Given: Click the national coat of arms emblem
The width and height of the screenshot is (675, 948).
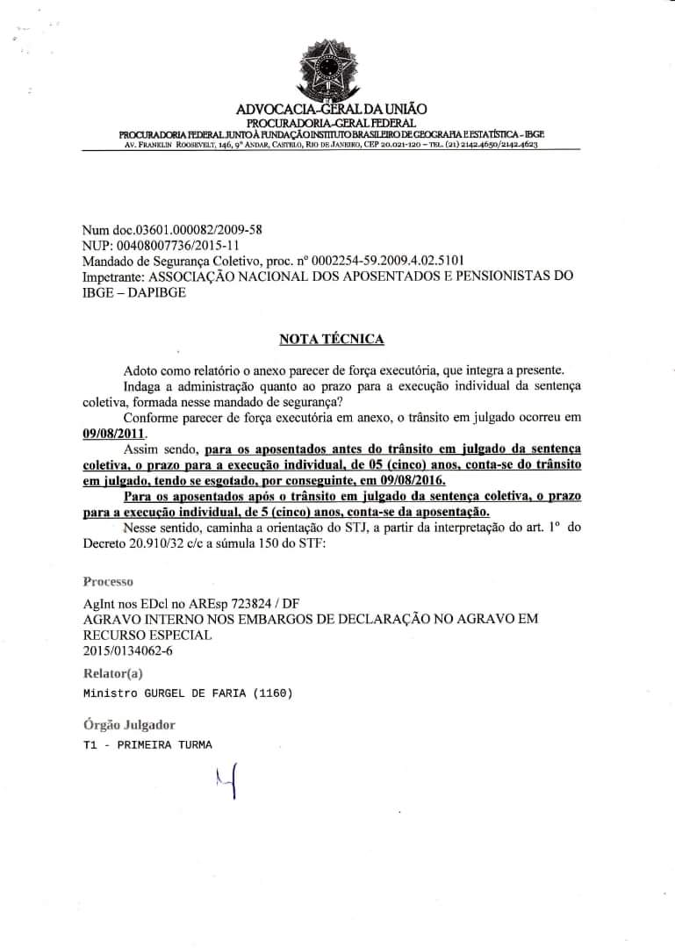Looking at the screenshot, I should point(332,69).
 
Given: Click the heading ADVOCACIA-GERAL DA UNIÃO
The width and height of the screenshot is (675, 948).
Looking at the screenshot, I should point(332,109).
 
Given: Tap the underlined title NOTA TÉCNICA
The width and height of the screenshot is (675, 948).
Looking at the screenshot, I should point(331,338).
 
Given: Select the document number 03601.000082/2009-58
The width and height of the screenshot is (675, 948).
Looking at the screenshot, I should point(190,229).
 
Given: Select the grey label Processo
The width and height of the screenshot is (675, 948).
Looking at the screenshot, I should point(108,581).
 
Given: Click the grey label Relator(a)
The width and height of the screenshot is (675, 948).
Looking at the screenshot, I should point(112,673).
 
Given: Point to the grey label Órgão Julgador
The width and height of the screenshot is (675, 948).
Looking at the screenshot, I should point(129,725).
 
